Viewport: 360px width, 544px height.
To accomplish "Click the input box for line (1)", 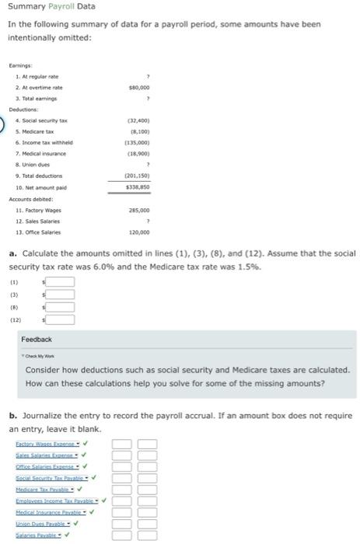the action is coord(63,281).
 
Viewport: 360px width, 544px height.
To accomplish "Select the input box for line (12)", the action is coord(63,319).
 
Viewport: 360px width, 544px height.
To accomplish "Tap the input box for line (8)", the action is coord(63,306).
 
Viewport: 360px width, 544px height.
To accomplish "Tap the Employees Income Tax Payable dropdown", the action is coord(58,500).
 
